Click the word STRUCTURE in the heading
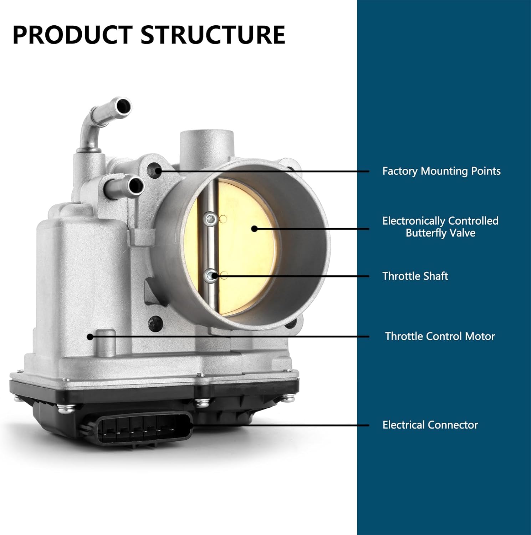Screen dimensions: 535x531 click(213, 35)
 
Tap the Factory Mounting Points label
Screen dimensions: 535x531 click(441, 171)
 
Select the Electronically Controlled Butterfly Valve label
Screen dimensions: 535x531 click(440, 227)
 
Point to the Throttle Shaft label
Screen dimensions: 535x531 click(415, 276)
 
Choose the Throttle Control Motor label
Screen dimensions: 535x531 click(440, 336)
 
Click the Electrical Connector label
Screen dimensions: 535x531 click(430, 425)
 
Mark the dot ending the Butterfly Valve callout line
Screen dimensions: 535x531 click(254, 229)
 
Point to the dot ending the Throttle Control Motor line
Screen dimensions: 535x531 click(90, 336)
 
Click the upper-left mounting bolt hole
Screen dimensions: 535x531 click(155, 170)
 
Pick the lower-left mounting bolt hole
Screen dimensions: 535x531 click(156, 323)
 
